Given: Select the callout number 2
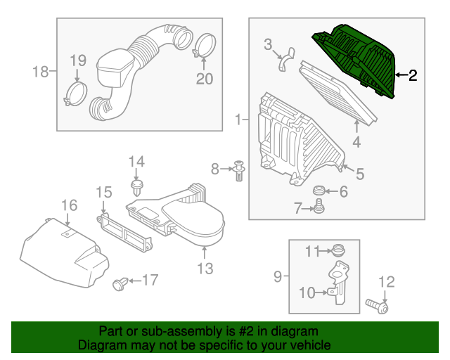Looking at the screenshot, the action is tap(412, 75).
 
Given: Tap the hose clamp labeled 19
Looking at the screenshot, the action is tap(75, 94).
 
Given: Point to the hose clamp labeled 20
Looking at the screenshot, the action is tap(205, 46).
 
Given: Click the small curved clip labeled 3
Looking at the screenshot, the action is tap(286, 60).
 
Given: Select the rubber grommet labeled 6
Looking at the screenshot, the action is tap(319, 190).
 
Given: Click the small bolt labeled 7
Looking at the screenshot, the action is tap(319, 206).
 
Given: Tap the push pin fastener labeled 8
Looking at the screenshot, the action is tap(239, 171).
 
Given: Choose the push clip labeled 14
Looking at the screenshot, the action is tap(137, 188).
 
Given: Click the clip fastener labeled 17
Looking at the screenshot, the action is tap(120, 283).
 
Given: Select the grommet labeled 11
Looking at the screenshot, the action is tap(338, 250).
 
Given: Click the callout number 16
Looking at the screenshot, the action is tap(69, 205).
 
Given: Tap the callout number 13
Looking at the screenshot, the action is tap(205, 269).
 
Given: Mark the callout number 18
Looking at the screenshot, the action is tap(41, 72).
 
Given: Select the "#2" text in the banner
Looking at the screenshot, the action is tap(246, 332).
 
